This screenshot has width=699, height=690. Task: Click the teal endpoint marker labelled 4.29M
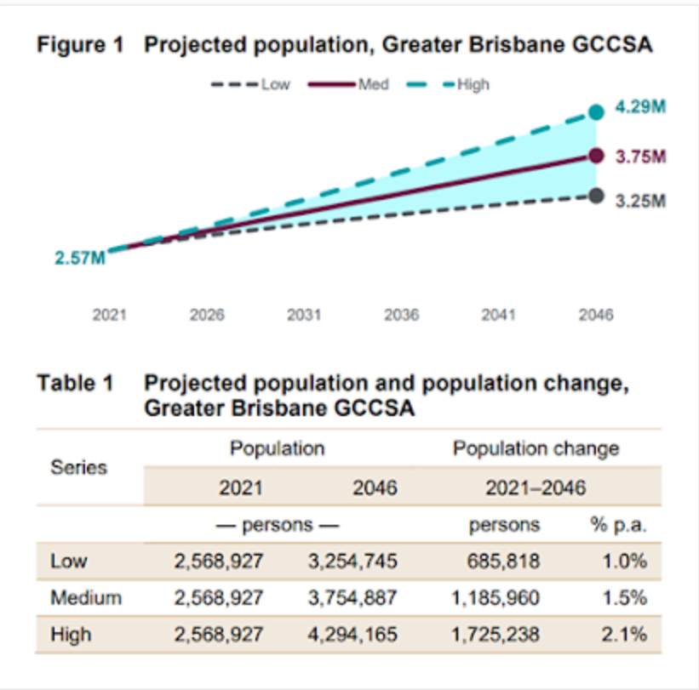coord(596,111)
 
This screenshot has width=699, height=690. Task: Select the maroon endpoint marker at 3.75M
coord(596,156)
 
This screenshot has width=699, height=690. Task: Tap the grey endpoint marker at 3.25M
coord(596,197)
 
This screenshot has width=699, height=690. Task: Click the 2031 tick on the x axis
coord(304,316)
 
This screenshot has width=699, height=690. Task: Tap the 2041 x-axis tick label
coord(499,316)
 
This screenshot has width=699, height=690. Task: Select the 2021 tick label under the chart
coord(110,316)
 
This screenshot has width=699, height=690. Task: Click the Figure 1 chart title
coord(344,46)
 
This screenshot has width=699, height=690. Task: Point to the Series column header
coord(79,467)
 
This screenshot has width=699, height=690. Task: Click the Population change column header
coord(536,448)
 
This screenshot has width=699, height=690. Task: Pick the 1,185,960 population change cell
coord(495,598)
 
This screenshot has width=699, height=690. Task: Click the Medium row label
coord(86,598)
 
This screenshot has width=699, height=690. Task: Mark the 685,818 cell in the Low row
coord(504,562)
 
